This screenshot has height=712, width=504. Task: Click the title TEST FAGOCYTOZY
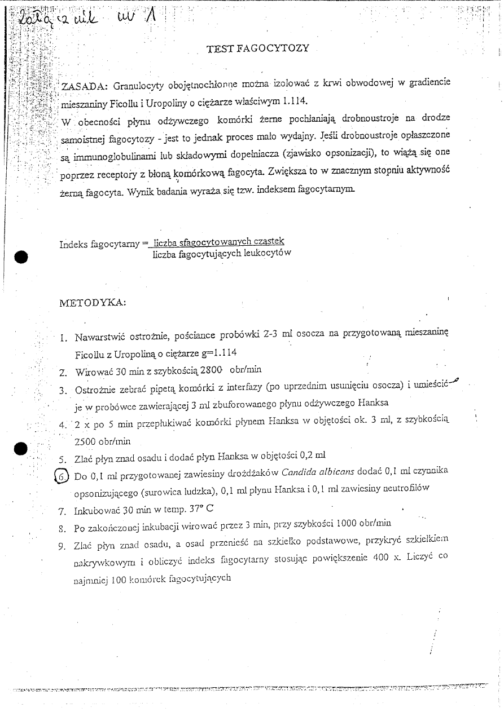pos(258,48)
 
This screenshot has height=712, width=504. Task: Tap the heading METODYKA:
pos(93,303)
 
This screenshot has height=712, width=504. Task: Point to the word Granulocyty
pos(139,87)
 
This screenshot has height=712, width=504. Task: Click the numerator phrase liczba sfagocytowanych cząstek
pos(220,242)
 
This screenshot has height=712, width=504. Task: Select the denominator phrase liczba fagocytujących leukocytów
pos(222,254)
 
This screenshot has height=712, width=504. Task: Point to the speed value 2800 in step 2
pos(208,370)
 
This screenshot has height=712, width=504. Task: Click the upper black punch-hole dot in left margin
pos(21,257)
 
